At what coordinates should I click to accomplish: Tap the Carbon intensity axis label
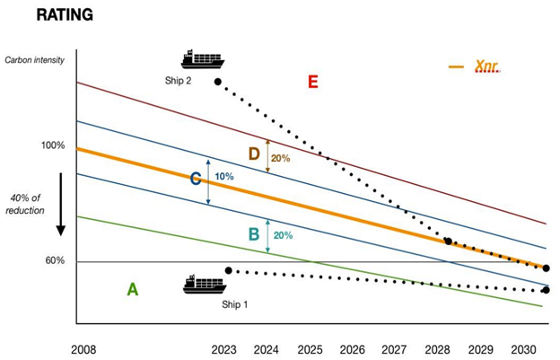pyautogui.click(x=36, y=60)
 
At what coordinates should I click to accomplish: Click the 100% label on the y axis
pyautogui.click(x=53, y=145)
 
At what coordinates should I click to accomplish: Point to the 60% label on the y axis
pyautogui.click(x=55, y=261)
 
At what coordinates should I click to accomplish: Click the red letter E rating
pyautogui.click(x=312, y=83)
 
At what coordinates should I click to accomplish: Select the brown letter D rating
pyautogui.click(x=254, y=154)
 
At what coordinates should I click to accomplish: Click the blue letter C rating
pyautogui.click(x=195, y=179)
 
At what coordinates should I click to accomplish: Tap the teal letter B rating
pyautogui.click(x=254, y=234)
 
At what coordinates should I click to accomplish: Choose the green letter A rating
pyautogui.click(x=132, y=289)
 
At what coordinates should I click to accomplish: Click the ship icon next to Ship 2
pyautogui.click(x=202, y=60)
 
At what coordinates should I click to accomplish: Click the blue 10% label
pyautogui.click(x=223, y=177)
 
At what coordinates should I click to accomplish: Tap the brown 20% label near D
pyautogui.click(x=280, y=158)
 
